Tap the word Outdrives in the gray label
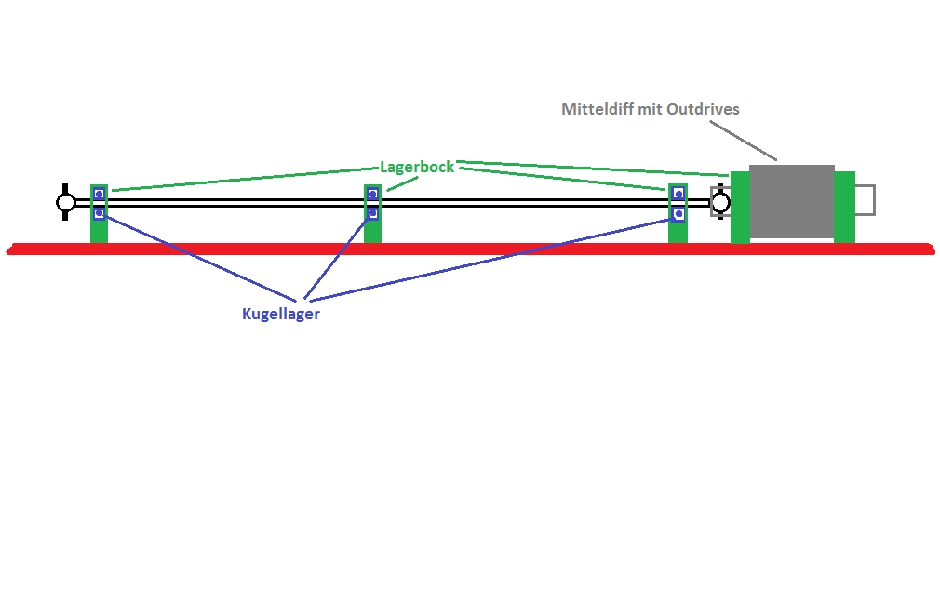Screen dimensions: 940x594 click(x=703, y=109)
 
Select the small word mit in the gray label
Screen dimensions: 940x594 click(x=648, y=109)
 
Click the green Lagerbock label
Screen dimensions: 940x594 click(x=417, y=167)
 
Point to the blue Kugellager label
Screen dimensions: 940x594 click(x=280, y=314)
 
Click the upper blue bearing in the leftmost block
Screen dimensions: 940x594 click(x=100, y=194)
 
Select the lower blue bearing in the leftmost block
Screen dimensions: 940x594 click(x=100, y=213)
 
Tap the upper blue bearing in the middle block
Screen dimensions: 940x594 click(x=372, y=194)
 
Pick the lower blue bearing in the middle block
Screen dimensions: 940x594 click(x=372, y=213)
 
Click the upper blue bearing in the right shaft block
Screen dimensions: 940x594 click(x=678, y=194)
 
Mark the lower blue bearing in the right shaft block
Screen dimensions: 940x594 click(x=678, y=213)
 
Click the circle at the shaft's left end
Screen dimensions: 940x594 click(x=66, y=203)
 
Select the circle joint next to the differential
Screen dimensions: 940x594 click(x=720, y=203)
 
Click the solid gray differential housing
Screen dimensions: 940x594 click(x=791, y=202)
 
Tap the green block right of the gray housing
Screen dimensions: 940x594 click(x=844, y=208)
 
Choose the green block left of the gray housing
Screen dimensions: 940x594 click(x=741, y=208)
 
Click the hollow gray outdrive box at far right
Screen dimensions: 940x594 click(x=865, y=200)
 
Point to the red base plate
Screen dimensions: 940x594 click(x=471, y=249)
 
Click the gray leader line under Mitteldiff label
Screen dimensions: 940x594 click(x=744, y=141)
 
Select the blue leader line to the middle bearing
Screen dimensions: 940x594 click(x=336, y=259)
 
